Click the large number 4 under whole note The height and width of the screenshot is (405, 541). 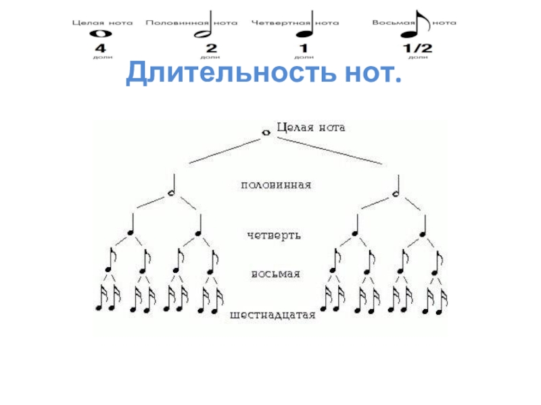[99, 49]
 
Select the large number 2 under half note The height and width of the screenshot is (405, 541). [211, 49]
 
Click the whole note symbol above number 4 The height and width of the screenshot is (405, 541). [99, 33]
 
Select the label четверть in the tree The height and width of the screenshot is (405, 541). [273, 236]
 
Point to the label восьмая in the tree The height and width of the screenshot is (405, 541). [275, 275]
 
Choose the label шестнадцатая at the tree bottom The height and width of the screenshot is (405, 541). [273, 315]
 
